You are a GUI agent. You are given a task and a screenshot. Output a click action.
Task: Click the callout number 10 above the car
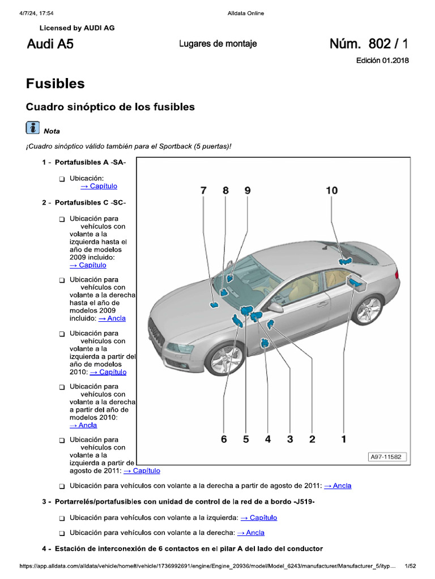[x=332, y=191]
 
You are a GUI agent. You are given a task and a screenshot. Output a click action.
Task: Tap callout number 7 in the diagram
[x=203, y=191]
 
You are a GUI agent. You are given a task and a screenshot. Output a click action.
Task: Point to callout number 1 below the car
[x=343, y=439]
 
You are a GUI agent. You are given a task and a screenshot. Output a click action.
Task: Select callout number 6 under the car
[x=224, y=439]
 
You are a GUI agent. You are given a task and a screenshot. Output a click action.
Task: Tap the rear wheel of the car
[x=367, y=309]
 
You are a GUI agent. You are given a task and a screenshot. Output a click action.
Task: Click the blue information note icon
[x=33, y=128]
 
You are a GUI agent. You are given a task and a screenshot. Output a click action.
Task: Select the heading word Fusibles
[x=56, y=84]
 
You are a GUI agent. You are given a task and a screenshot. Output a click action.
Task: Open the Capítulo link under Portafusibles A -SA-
[x=99, y=186]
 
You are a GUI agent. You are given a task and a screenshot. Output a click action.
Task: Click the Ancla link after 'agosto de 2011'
[x=338, y=486]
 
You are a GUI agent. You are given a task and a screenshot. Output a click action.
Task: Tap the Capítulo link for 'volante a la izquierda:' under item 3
[x=259, y=517]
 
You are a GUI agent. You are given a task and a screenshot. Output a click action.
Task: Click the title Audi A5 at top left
[x=50, y=44]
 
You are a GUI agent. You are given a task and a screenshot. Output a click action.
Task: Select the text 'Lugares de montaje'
[x=218, y=44]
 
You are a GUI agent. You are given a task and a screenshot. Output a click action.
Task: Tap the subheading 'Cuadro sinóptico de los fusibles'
[x=110, y=107]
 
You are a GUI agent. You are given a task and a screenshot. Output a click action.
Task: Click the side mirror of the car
[x=275, y=307]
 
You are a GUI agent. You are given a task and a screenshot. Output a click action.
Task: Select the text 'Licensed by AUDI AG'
[x=77, y=28]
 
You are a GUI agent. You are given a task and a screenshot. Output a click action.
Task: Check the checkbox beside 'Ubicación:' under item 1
[x=62, y=179]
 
